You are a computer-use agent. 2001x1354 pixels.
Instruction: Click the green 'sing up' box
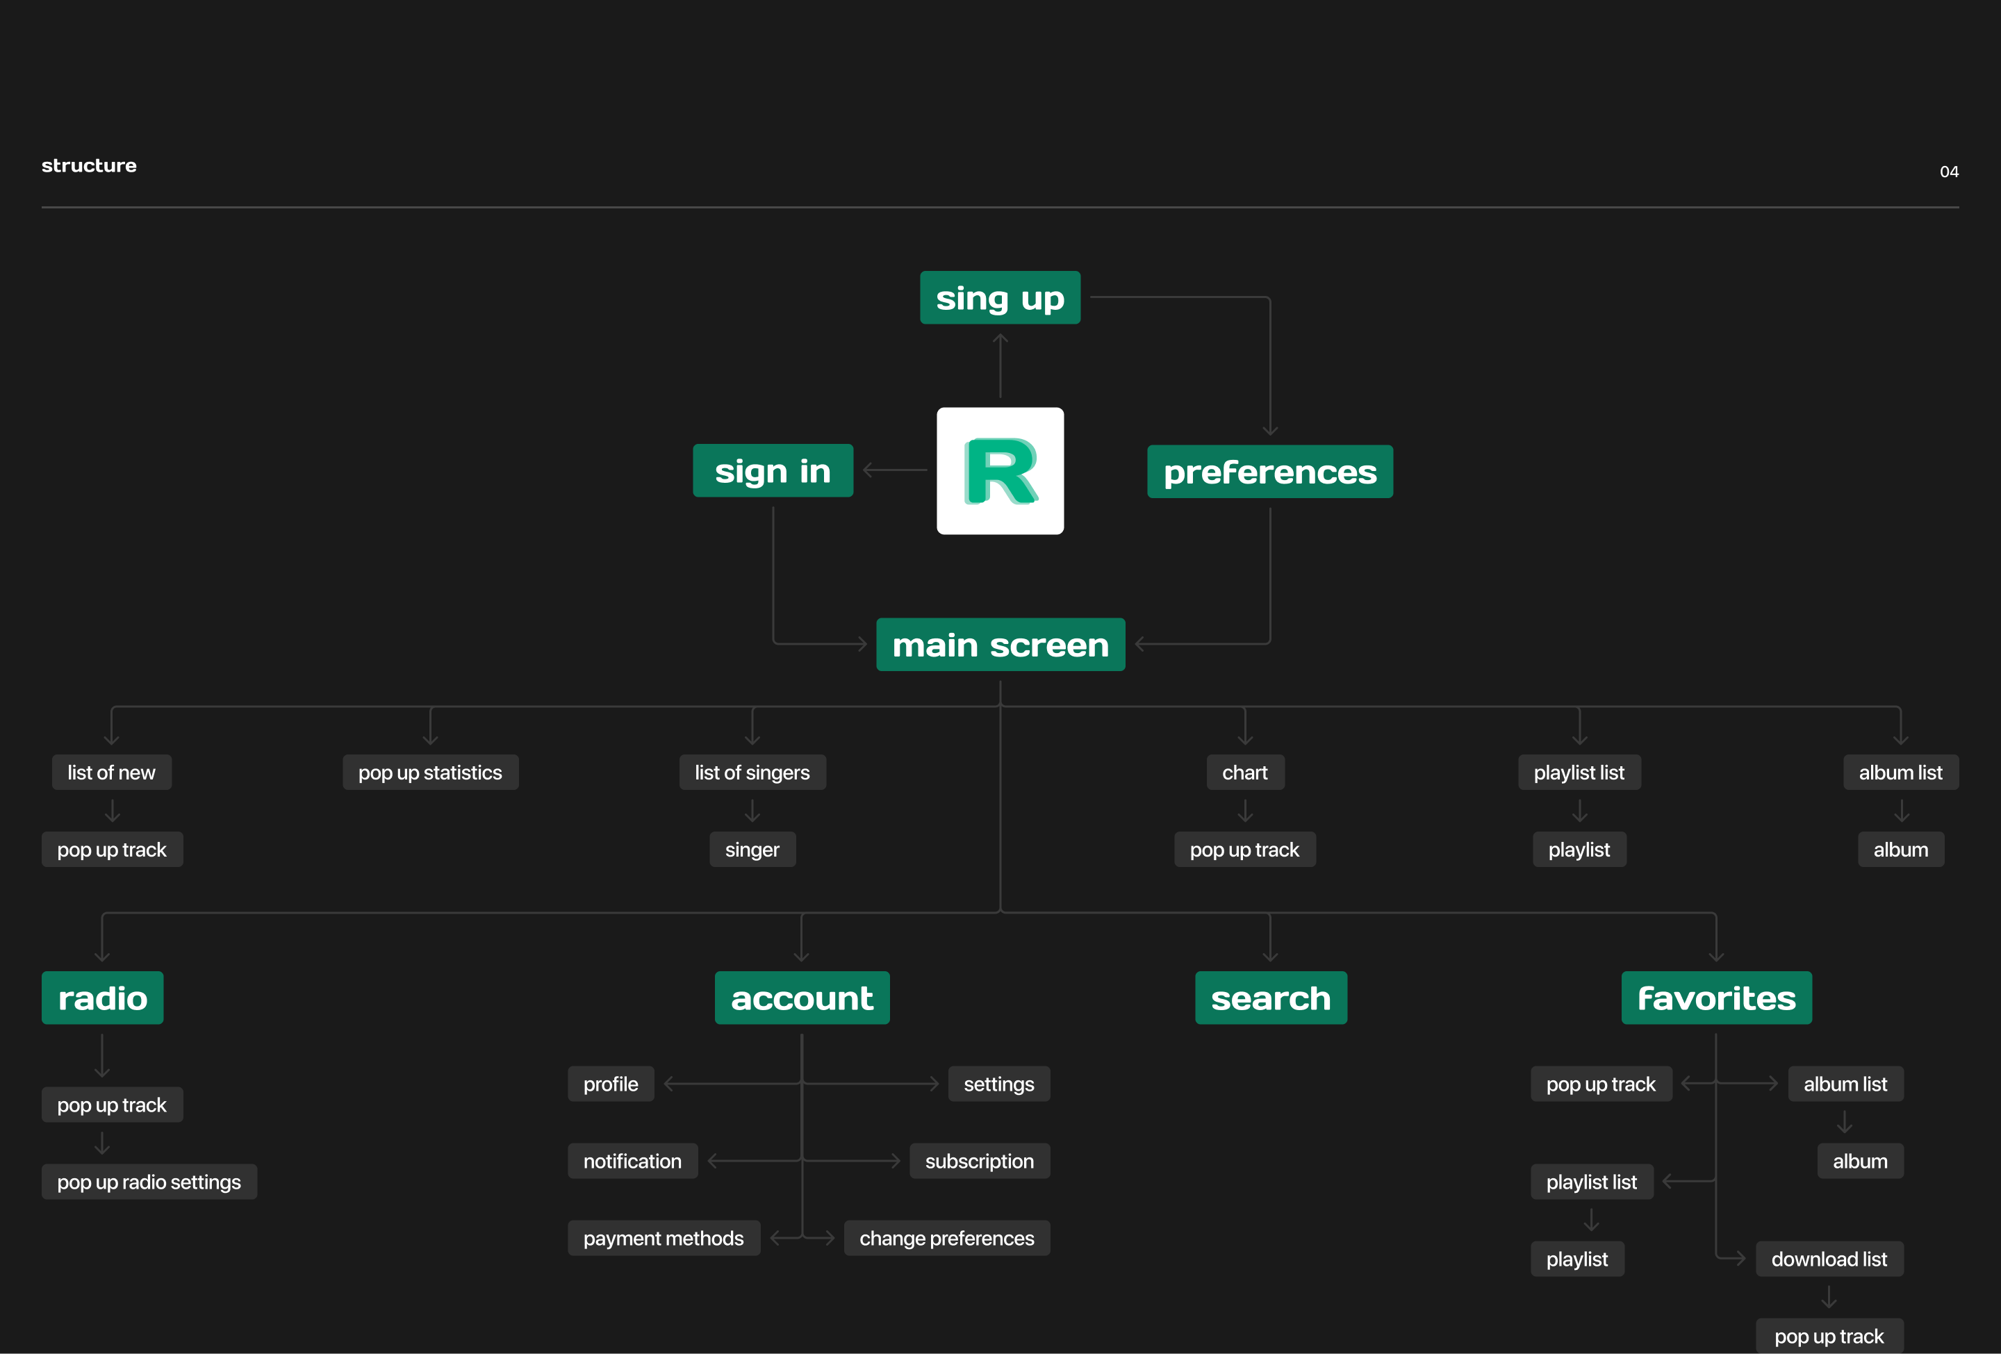1000,298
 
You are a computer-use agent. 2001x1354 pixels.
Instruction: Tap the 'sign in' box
773,471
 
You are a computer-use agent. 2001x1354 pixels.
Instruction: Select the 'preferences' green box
1270,472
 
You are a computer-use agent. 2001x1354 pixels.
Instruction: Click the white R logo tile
1000,471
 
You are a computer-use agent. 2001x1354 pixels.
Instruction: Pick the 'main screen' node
1000,645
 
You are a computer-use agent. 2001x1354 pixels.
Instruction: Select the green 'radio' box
102,998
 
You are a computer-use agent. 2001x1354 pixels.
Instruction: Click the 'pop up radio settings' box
149,1182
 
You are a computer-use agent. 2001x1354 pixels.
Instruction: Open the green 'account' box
802,998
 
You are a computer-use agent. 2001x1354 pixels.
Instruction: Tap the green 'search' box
1271,998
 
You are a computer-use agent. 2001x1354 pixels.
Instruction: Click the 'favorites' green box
1716,998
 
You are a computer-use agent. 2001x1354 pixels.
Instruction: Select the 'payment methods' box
663,1239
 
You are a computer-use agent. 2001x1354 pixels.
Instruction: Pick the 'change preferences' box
946,1239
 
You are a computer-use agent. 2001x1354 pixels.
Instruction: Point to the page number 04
1948,172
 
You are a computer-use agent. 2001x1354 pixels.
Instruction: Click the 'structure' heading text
89,165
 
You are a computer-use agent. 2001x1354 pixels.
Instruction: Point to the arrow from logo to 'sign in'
895,470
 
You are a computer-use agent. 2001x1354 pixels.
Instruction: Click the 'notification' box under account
632,1161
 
